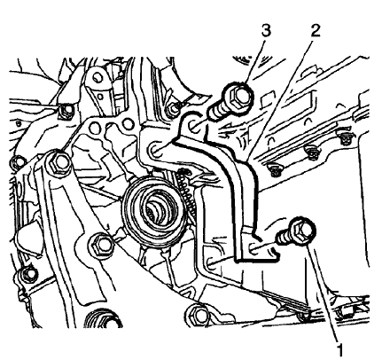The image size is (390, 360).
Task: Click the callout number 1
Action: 340,350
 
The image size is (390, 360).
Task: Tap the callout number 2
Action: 315,30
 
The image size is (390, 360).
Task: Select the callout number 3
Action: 266,30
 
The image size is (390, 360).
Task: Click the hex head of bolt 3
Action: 239,96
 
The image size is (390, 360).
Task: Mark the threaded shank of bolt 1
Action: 283,238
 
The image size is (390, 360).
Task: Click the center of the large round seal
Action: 156,210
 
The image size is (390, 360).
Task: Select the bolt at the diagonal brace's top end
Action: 59,162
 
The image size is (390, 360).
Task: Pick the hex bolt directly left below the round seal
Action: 100,245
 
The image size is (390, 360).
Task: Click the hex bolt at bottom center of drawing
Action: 197,315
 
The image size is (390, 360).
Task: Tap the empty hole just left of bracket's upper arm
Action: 156,151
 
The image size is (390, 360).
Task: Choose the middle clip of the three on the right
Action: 311,153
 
